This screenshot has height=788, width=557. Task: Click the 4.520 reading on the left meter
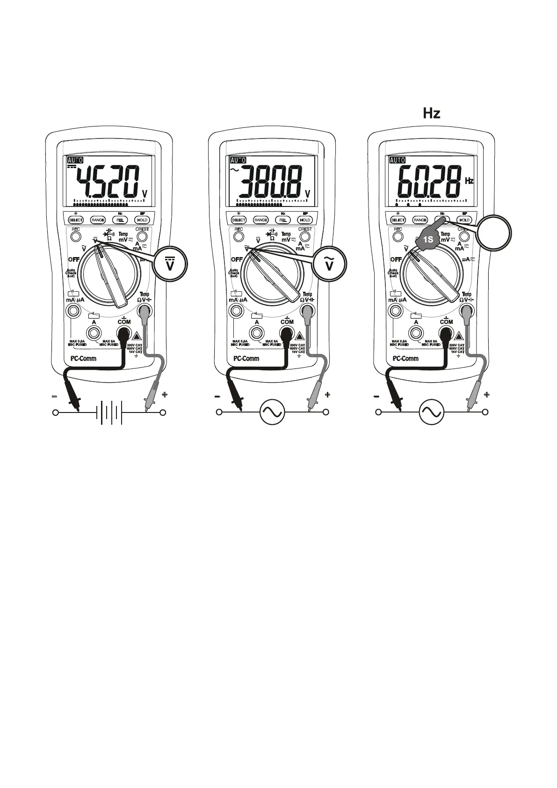(x=108, y=182)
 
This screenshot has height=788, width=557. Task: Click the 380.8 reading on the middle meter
(x=269, y=182)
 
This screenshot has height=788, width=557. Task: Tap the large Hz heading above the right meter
(x=431, y=113)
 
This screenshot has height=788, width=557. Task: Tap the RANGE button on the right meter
(x=420, y=220)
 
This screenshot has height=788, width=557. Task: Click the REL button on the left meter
(x=120, y=220)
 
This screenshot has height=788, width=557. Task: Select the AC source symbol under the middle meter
(x=272, y=412)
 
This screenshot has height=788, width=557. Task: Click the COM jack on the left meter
(x=124, y=333)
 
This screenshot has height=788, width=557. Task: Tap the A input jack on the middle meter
(x=257, y=333)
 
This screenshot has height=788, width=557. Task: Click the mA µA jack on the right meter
(x=396, y=310)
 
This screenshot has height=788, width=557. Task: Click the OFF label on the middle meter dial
(x=237, y=259)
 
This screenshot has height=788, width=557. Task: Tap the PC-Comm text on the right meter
(x=405, y=359)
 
